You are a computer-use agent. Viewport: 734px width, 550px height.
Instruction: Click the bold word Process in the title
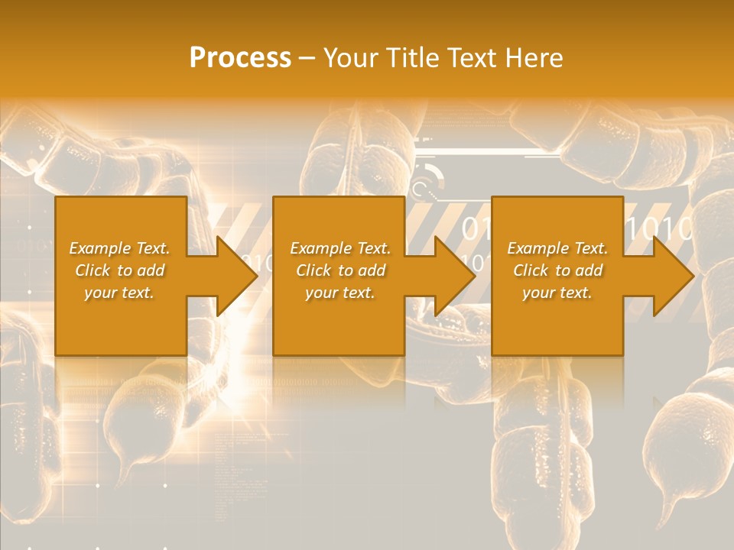tap(240, 57)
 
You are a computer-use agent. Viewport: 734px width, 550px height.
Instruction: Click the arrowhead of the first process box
tap(237, 276)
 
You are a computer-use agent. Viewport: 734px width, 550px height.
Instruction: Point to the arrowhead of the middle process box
tap(455, 276)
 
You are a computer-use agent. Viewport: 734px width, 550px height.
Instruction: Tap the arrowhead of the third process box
tap(674, 276)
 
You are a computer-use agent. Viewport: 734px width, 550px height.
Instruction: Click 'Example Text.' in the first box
tap(120, 248)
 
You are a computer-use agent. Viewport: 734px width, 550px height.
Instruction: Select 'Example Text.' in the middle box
tap(340, 248)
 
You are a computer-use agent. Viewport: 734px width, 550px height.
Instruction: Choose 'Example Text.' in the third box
tap(557, 248)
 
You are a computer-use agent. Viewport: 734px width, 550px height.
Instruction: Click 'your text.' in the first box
tap(120, 293)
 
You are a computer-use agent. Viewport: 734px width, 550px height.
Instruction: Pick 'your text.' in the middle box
tap(340, 293)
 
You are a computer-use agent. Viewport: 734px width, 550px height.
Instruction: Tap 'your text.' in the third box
tap(557, 293)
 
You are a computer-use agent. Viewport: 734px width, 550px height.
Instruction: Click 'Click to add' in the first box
tap(120, 270)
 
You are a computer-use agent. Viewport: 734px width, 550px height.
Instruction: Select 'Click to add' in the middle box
tap(340, 270)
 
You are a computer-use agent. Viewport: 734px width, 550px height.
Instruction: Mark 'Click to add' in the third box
tap(557, 270)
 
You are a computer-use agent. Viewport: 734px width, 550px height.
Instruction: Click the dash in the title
tap(307, 58)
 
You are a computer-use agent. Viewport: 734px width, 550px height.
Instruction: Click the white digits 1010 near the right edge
tap(659, 228)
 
